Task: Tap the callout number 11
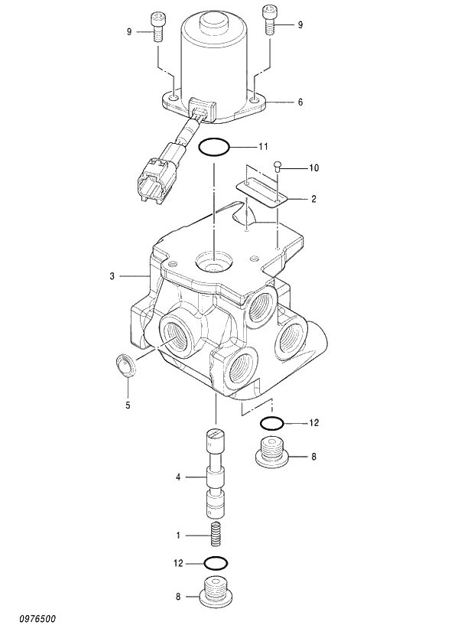(263, 145)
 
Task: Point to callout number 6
(300, 101)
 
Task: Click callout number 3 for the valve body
(112, 275)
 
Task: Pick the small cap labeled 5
(127, 366)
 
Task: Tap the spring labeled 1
(216, 533)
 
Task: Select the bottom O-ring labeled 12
(216, 564)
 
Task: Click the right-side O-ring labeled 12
(271, 423)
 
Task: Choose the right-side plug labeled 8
(272, 454)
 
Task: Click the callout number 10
(313, 167)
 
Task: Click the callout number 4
(178, 477)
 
